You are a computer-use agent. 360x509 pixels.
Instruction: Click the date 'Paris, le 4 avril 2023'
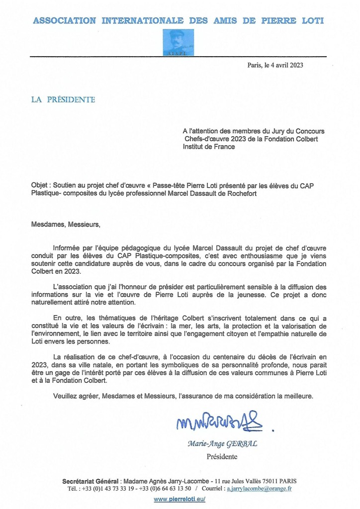(275, 65)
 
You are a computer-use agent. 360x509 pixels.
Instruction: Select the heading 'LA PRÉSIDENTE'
(63, 100)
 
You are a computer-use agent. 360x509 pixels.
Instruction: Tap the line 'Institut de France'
(209, 147)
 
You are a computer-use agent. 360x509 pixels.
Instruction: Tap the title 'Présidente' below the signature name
(222, 456)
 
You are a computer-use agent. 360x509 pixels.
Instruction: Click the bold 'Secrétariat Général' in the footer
(90, 481)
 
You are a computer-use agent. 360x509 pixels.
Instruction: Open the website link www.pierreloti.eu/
(180, 500)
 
